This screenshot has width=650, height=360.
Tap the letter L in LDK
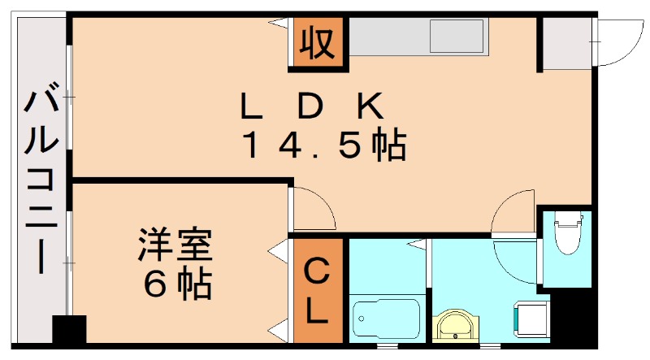coord(248,106)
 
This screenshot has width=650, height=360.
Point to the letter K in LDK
coord(369,106)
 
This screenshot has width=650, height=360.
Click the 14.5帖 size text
coord(323,145)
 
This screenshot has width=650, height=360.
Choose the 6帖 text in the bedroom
coord(177,284)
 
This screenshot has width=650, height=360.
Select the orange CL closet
coord(318,289)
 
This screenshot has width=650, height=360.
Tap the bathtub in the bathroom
coord(385,320)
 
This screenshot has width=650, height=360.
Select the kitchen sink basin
coord(456,37)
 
